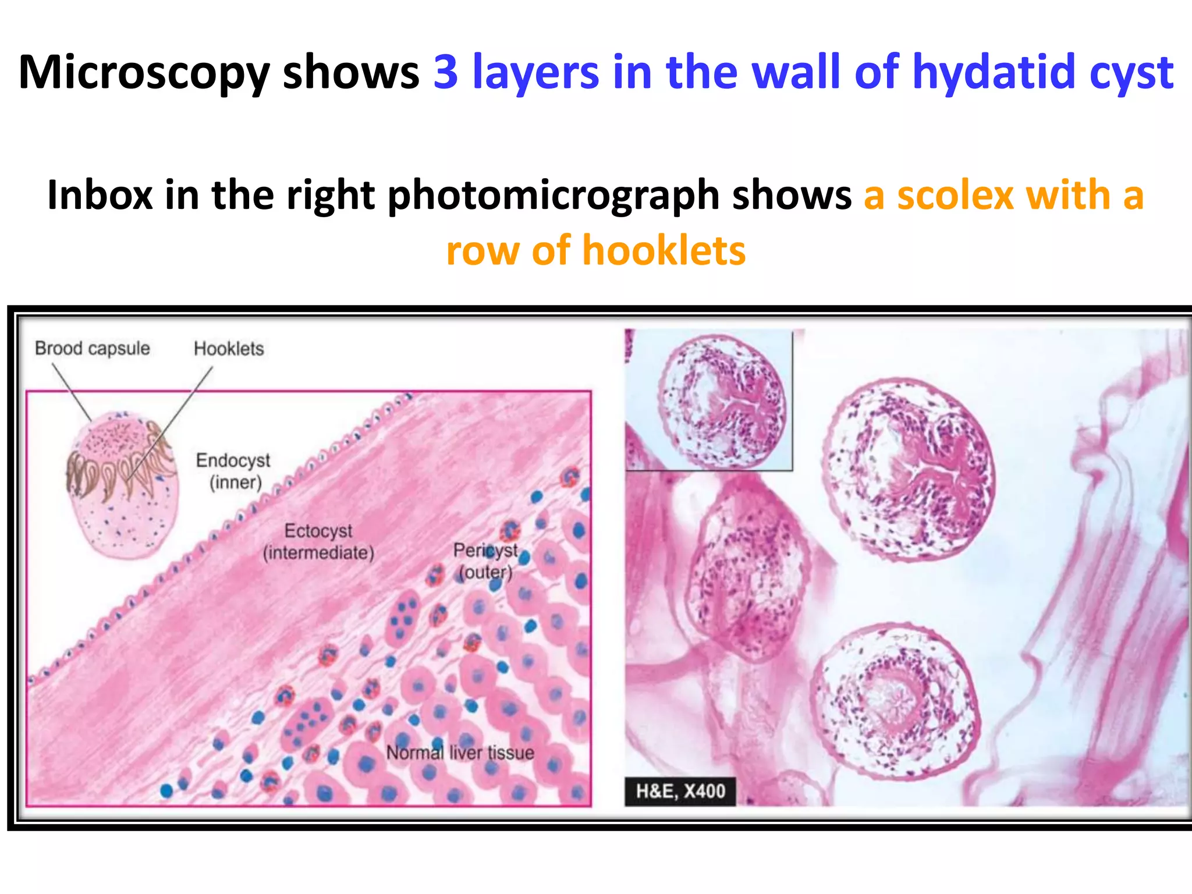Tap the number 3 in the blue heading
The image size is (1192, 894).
tap(446, 72)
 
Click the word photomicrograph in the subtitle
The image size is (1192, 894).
tap(554, 196)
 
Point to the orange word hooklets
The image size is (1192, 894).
tap(664, 251)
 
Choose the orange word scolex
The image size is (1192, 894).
tap(955, 196)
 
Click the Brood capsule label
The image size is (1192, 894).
tap(93, 348)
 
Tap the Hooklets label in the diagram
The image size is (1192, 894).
tap(229, 349)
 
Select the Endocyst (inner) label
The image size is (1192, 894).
tap(233, 471)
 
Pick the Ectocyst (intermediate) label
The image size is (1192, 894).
tap(318, 541)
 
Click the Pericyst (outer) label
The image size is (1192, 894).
tap(485, 560)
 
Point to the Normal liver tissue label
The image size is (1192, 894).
tap(460, 753)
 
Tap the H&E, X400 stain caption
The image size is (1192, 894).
tap(680, 792)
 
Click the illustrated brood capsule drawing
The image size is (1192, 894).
tap(122, 486)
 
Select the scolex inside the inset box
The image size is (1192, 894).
tap(722, 402)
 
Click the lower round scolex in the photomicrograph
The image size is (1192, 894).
tap(895, 701)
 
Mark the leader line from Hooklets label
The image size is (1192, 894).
tap(175, 419)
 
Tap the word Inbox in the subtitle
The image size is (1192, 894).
tap(100, 196)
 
